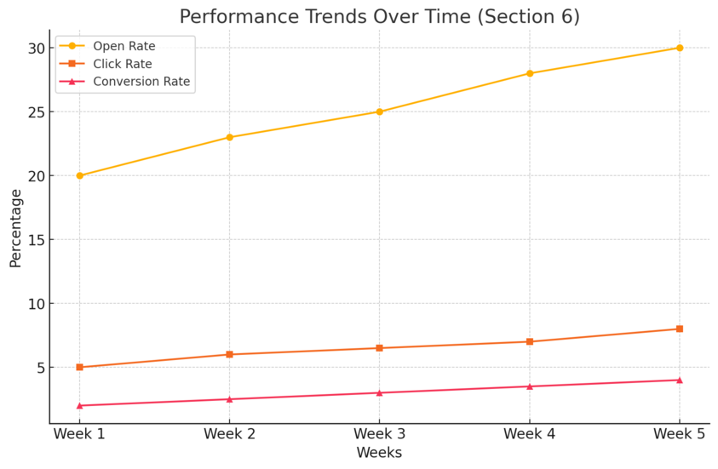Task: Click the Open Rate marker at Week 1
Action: pyautogui.click(x=79, y=175)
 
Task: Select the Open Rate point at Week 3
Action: pyautogui.click(x=379, y=112)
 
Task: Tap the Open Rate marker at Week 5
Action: pyautogui.click(x=679, y=48)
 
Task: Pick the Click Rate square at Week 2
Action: pyautogui.click(x=229, y=354)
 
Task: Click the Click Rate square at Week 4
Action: pyautogui.click(x=529, y=341)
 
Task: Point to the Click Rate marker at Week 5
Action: pyautogui.click(x=679, y=329)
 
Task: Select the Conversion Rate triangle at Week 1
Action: pyautogui.click(x=79, y=405)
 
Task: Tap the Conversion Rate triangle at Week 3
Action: pyautogui.click(x=379, y=392)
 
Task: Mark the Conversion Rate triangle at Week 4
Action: pyautogui.click(x=529, y=386)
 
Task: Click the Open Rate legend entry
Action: pyautogui.click(x=123, y=46)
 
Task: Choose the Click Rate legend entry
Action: pyautogui.click(x=123, y=64)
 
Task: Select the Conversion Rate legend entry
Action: pyautogui.click(x=141, y=82)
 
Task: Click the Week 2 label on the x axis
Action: pyautogui.click(x=229, y=434)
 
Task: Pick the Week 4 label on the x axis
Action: pyautogui.click(x=529, y=434)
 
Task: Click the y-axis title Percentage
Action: pyautogui.click(x=15, y=227)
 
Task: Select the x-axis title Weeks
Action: pyautogui.click(x=379, y=453)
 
